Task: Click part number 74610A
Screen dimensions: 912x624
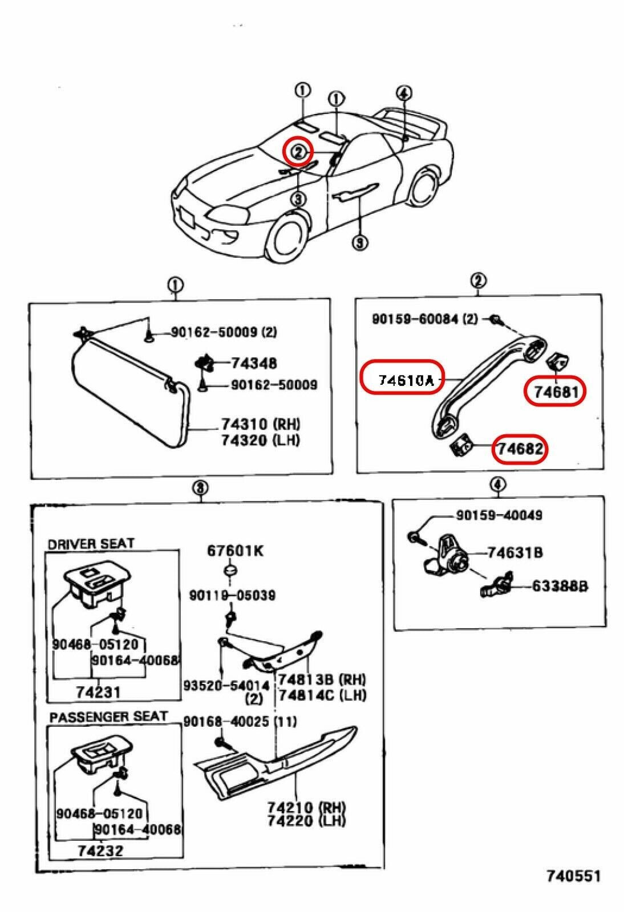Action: click(x=402, y=380)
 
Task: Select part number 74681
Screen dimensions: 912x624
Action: click(x=556, y=392)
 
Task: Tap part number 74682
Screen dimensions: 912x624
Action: click(x=520, y=449)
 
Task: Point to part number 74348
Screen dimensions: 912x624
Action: click(x=254, y=363)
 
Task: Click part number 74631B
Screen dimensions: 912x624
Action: click(x=514, y=552)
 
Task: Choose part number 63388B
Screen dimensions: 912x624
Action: click(x=560, y=585)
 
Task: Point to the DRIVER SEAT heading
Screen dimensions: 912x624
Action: click(x=91, y=544)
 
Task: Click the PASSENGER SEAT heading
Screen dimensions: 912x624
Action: click(x=108, y=716)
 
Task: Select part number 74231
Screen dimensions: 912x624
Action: click(x=99, y=692)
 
